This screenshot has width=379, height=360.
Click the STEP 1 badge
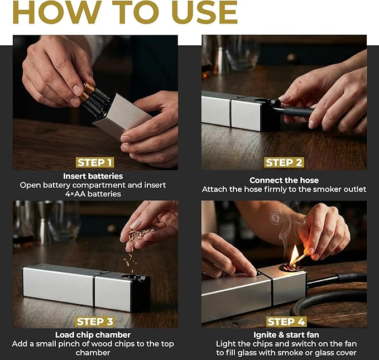tap(95, 162)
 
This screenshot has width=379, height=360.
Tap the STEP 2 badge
tap(284, 162)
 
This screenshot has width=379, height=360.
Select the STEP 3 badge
tap(95, 321)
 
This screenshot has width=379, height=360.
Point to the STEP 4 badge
tap(284, 321)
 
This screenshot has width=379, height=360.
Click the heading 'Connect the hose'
tap(284, 180)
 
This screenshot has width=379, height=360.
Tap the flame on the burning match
tap(294, 255)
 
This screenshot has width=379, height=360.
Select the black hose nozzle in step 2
tap(293, 112)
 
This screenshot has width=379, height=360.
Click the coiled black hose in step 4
tap(335, 301)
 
